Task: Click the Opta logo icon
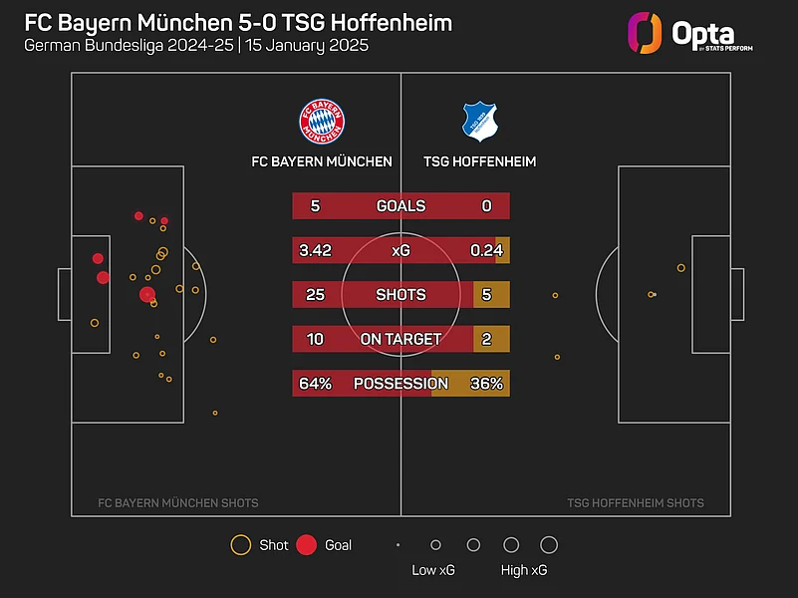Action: point(645,33)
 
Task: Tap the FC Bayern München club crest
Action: point(323,121)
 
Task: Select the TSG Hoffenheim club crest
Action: point(479,121)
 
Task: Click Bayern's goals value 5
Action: point(315,206)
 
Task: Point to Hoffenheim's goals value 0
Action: point(486,206)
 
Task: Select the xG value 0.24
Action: point(486,250)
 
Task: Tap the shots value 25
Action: point(315,295)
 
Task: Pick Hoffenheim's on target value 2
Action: point(486,339)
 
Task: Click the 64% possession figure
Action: point(315,384)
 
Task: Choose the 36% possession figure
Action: point(486,384)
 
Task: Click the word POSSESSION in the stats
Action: point(400,384)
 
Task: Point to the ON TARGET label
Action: point(400,339)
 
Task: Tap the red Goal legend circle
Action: point(307,545)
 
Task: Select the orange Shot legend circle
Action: point(240,545)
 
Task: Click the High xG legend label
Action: point(524,570)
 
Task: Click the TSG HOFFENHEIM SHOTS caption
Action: point(635,503)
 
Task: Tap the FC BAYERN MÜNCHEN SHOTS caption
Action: point(178,503)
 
